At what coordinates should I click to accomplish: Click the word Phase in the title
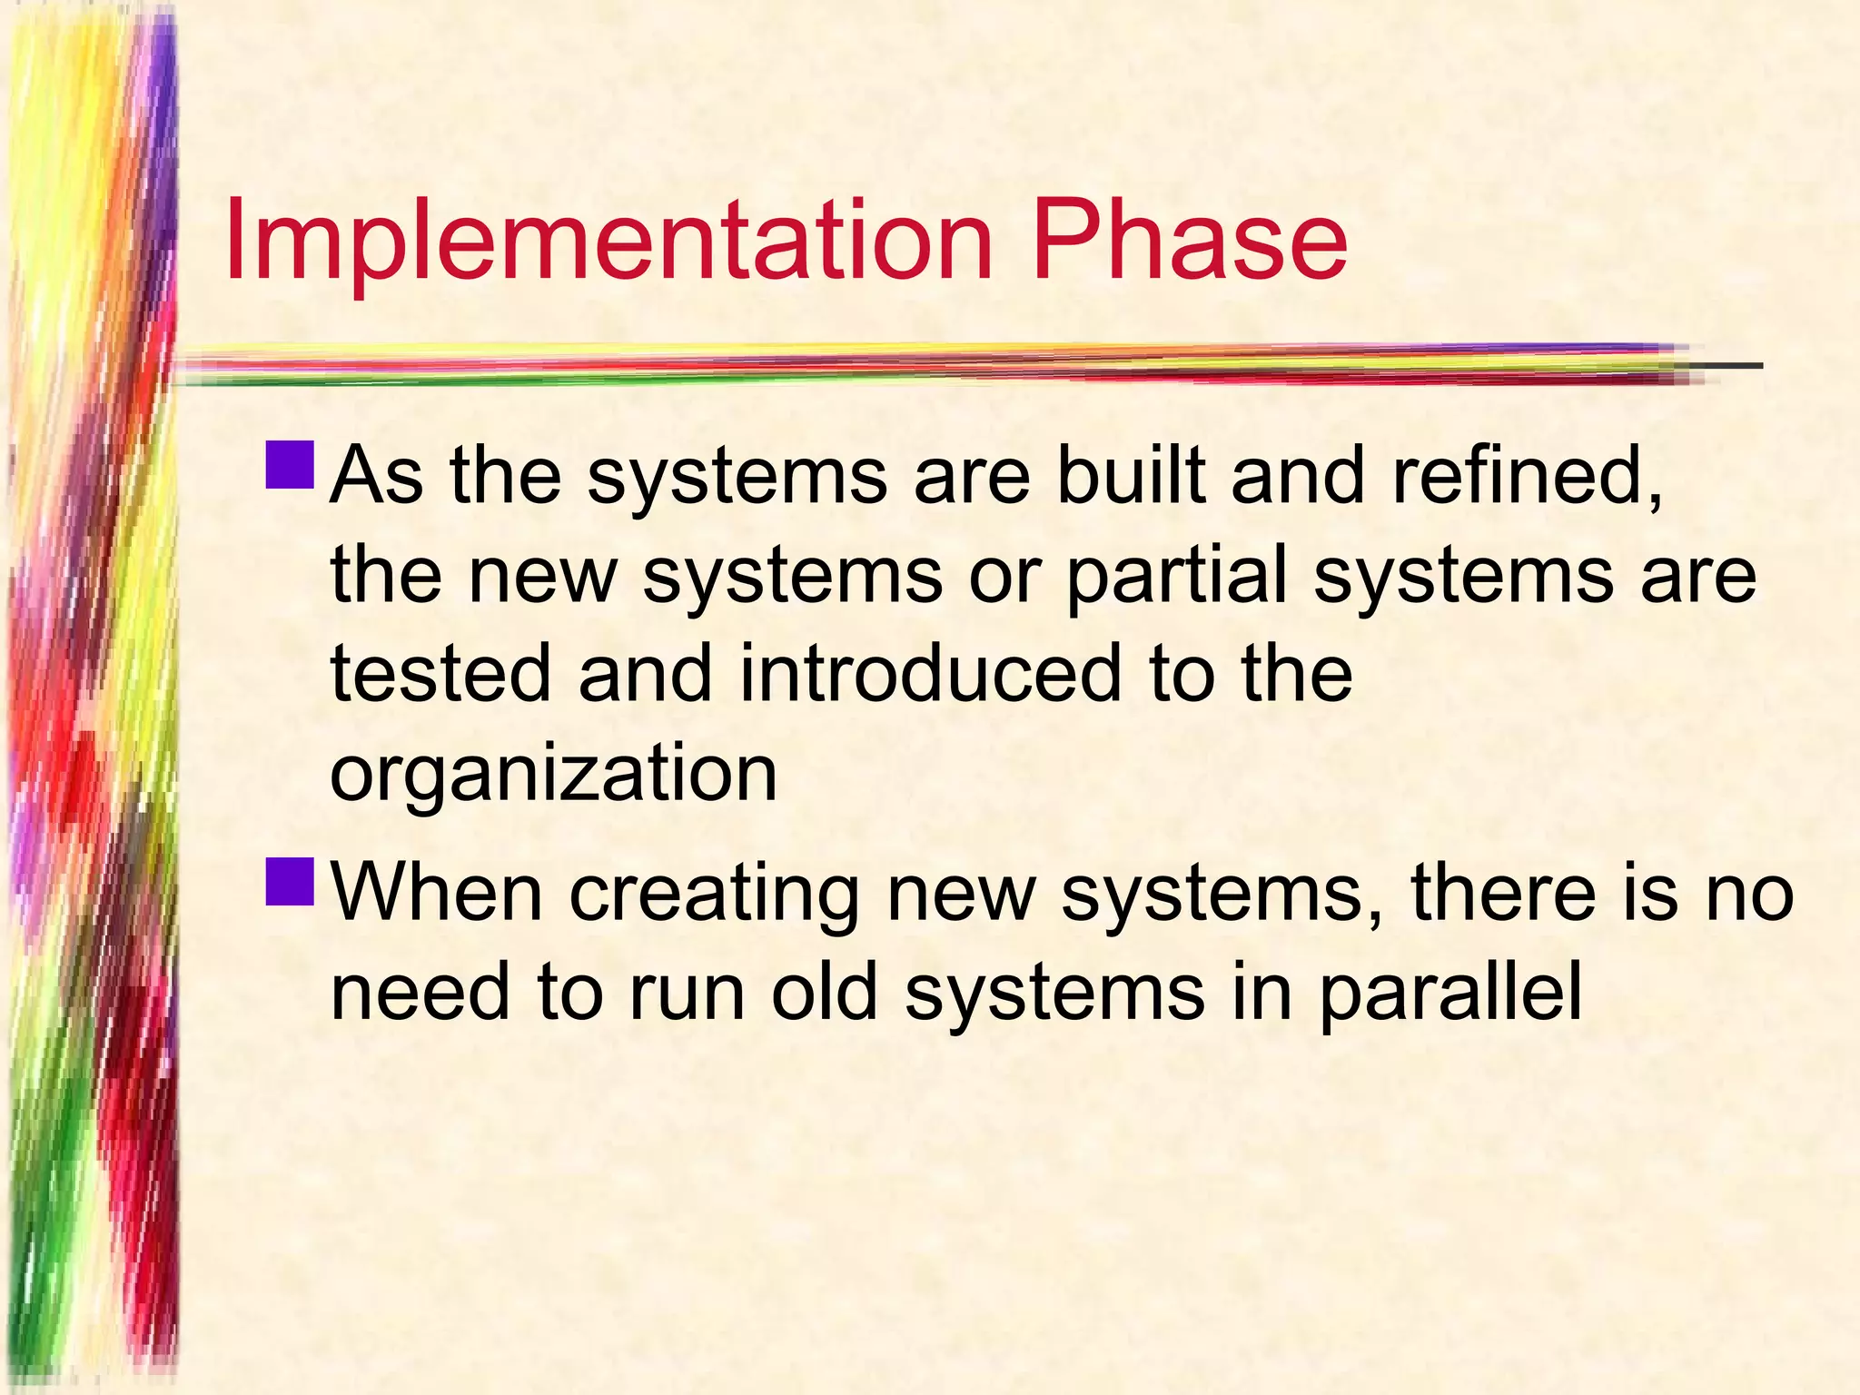click(1190, 241)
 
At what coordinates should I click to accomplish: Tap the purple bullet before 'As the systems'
click(291, 465)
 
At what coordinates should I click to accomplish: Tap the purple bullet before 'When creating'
click(291, 882)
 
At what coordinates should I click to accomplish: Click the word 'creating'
click(714, 895)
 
